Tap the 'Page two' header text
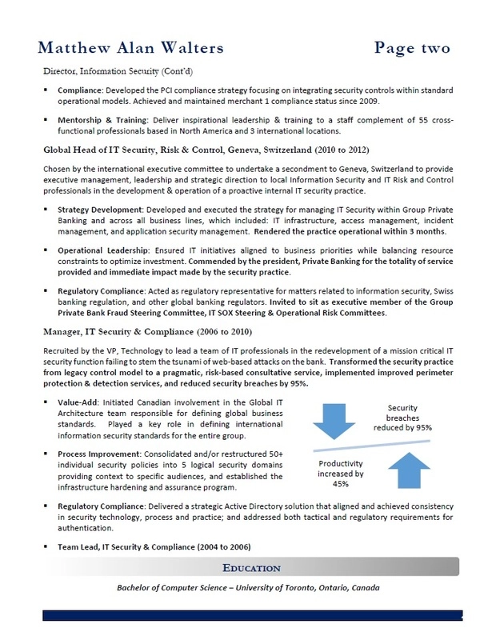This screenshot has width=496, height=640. coord(418,49)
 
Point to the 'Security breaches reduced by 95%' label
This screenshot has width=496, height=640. coord(403,417)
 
